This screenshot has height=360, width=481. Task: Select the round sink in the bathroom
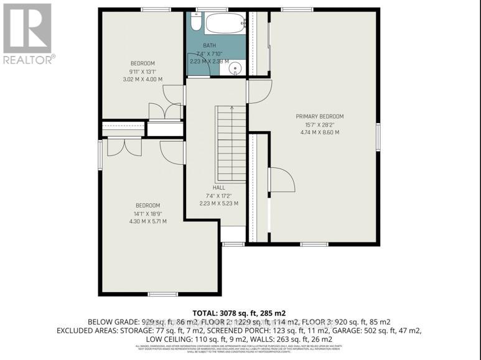click(235, 68)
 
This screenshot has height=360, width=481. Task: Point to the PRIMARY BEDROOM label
click(320, 116)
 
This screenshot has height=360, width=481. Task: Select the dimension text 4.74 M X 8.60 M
click(320, 132)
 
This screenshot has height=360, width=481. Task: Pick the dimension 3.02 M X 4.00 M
click(142, 80)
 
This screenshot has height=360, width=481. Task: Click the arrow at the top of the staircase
click(232, 108)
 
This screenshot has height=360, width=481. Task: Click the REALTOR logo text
click(28, 60)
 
